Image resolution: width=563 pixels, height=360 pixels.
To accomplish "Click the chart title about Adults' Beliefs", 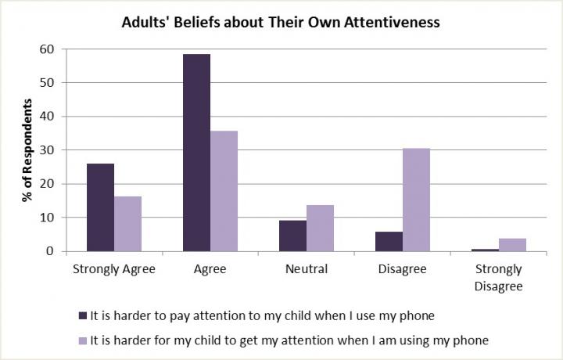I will coord(281,23).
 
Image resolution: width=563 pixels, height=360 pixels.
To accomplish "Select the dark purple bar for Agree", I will coord(196,153).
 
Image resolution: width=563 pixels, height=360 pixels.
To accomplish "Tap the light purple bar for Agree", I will coord(224,191).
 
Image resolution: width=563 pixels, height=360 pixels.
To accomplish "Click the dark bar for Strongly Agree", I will coord(100,207).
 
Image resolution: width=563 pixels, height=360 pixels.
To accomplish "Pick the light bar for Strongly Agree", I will coord(127,224).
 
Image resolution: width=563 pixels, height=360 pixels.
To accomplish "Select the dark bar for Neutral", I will coord(292,236).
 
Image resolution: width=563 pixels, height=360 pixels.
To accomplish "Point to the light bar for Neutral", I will coord(320,228).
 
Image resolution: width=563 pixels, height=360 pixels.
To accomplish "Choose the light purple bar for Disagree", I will coord(416,200).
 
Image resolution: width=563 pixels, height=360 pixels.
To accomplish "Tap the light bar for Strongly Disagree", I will coord(512,245).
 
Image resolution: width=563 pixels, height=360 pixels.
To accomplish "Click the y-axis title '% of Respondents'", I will coord(28,150).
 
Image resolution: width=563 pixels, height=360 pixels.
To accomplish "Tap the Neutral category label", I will coord(306,269).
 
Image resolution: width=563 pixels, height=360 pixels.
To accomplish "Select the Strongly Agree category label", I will coord(114,269).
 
